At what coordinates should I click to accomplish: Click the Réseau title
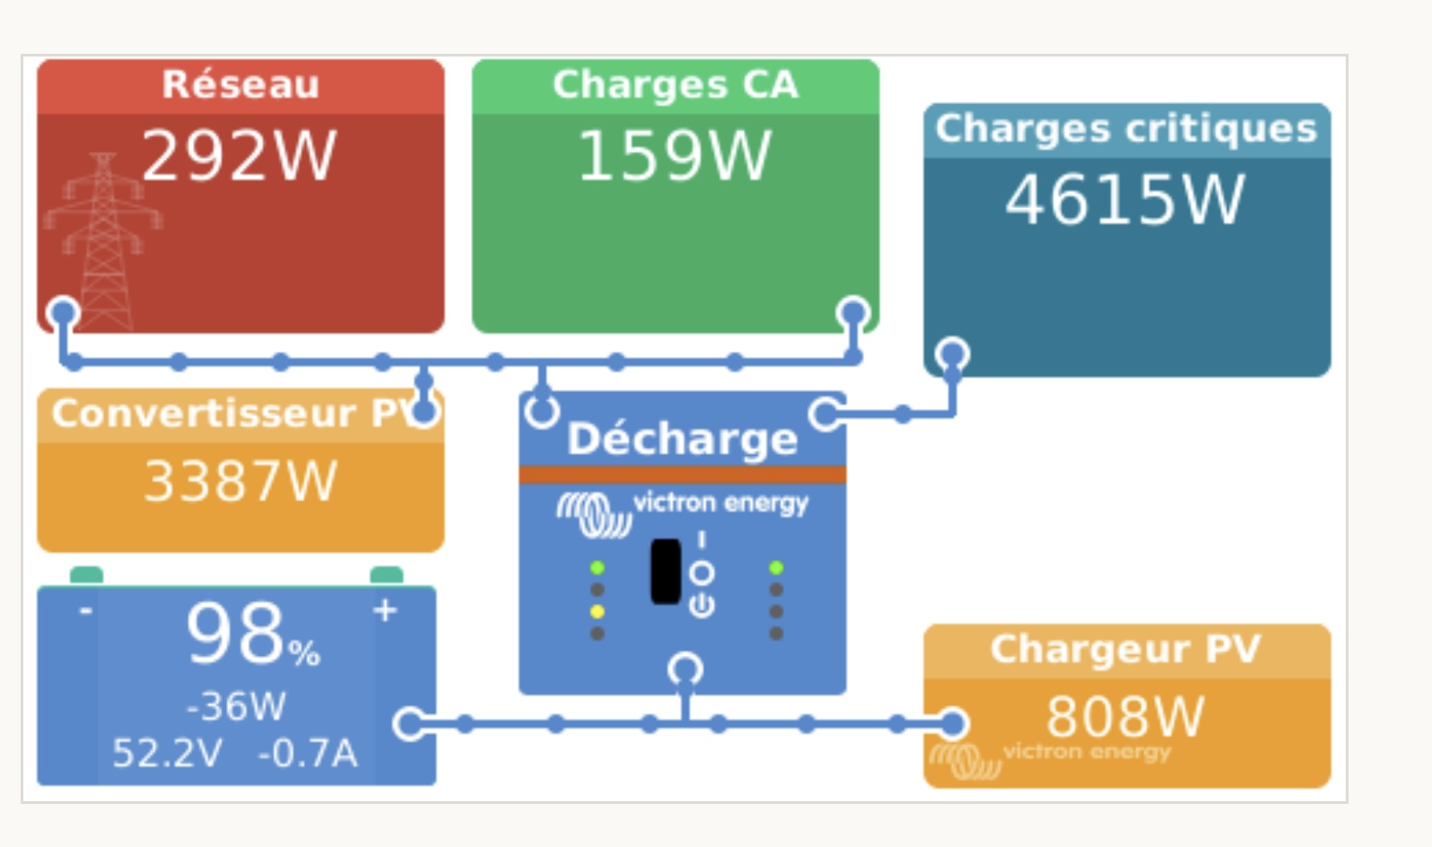coord(240,84)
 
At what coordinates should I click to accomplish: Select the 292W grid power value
coord(240,156)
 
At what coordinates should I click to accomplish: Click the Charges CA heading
coord(675,84)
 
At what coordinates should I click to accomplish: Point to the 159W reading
coord(675,156)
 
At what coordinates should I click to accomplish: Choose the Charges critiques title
coord(1126,128)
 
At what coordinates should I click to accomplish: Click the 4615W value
coord(1125,200)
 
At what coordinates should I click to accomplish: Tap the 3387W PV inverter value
coord(240,482)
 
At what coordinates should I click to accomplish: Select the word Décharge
coord(682,439)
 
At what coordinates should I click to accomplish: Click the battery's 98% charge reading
coord(252,635)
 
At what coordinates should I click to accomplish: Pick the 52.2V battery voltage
coord(167,754)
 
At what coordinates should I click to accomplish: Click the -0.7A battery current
coord(308,754)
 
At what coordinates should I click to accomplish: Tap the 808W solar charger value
coord(1125,716)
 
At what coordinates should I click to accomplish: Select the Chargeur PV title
coord(1125,649)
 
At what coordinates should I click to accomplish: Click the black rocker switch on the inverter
coord(666,572)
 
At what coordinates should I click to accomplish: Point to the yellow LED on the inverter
coord(597,612)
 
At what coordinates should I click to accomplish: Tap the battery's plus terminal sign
coord(385,610)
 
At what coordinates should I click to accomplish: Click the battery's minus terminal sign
coord(85,611)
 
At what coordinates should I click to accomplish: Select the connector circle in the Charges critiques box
coord(952,354)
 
